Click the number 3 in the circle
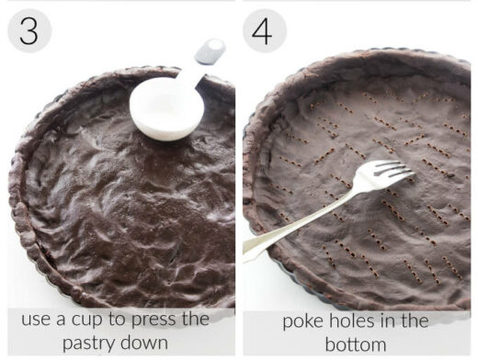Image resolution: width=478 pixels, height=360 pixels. pos(28,31)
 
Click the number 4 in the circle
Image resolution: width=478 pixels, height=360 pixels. pos(265,31)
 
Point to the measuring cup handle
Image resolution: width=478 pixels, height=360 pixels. pos(208,54)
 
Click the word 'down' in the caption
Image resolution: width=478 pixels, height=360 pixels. pos(154,343)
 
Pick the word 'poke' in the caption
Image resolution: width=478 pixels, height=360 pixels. pos(302,321)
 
